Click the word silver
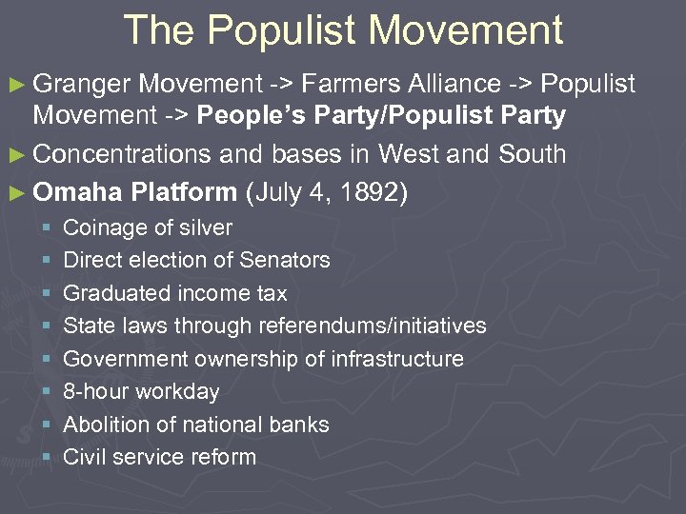(203, 227)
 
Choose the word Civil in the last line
(84, 457)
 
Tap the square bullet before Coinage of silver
(46, 228)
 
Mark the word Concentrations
(128, 153)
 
